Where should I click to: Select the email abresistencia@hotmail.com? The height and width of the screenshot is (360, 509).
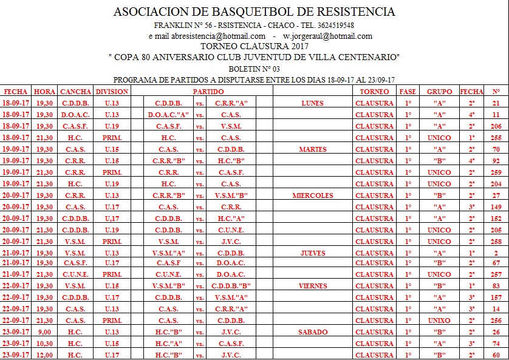click(218, 36)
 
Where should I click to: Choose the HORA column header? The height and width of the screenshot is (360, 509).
click(44, 92)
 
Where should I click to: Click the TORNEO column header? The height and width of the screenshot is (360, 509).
click(374, 92)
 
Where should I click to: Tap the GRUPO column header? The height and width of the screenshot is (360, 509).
click(439, 92)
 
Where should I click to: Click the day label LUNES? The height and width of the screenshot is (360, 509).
click(312, 103)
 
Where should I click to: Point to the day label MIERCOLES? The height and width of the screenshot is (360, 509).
click(312, 195)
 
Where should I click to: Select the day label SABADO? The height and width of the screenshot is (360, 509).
click(312, 332)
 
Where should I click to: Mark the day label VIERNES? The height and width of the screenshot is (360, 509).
click(312, 286)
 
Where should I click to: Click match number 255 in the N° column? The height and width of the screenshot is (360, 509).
click(496, 138)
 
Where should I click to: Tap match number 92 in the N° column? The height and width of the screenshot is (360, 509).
click(496, 161)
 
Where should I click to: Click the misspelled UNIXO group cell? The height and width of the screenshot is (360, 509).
click(439, 321)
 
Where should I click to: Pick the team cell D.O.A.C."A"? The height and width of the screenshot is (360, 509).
click(168, 115)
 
